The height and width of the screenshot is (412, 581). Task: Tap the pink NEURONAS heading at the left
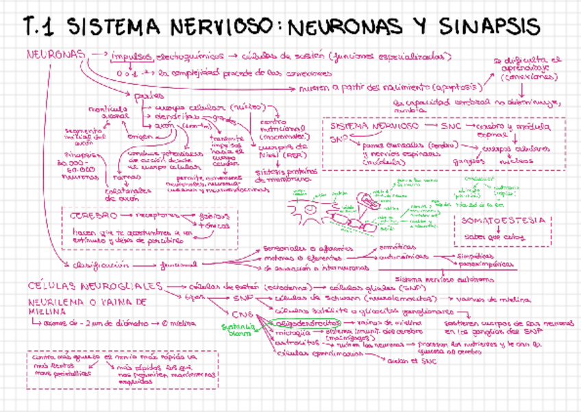pos(56,53)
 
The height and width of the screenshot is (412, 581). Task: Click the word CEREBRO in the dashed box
pos(95,215)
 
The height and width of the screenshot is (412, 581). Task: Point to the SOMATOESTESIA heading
pos(503,220)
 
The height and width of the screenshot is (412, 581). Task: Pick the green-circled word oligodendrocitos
pos(302,322)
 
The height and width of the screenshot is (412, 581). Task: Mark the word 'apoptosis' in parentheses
pos(458,87)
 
